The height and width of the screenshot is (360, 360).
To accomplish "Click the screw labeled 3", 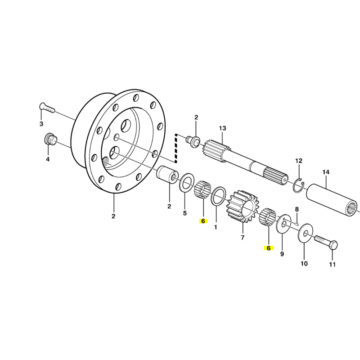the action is (x=47, y=108).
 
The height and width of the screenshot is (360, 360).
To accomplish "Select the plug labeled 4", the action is (x=50, y=139).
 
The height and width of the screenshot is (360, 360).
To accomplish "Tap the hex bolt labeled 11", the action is (x=326, y=243).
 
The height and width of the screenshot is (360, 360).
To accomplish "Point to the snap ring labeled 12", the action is (x=298, y=185).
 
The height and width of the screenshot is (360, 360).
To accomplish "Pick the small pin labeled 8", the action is (x=296, y=222).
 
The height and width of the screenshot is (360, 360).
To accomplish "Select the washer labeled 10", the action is (x=305, y=234).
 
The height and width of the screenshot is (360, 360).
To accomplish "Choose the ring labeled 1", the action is (x=218, y=197).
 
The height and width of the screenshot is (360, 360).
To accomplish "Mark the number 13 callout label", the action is (x=222, y=128).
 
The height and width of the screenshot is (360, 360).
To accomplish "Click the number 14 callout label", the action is (x=326, y=172).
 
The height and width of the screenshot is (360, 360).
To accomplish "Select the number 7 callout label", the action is (x=243, y=238).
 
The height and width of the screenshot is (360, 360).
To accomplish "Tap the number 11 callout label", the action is (x=332, y=265).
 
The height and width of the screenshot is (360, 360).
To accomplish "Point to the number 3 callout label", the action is (x=41, y=124).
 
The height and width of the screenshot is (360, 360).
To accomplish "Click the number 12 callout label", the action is (x=299, y=161).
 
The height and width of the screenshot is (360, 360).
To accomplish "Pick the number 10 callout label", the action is (x=304, y=263).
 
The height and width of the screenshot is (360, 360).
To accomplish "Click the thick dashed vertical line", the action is (x=176, y=148).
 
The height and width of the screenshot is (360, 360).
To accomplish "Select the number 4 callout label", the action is (x=48, y=159).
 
